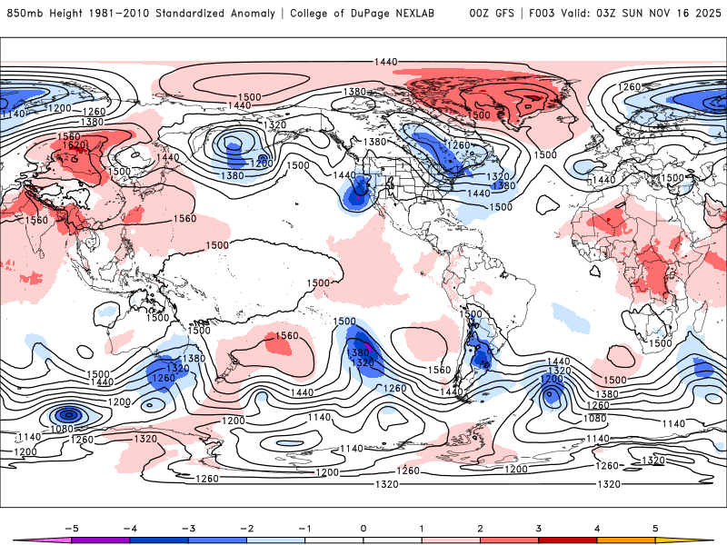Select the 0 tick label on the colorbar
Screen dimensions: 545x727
(x=363, y=527)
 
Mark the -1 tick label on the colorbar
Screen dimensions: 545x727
(x=304, y=527)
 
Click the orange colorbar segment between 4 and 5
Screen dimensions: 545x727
(x=628, y=540)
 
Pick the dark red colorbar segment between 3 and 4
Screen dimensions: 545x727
(x=569, y=540)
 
